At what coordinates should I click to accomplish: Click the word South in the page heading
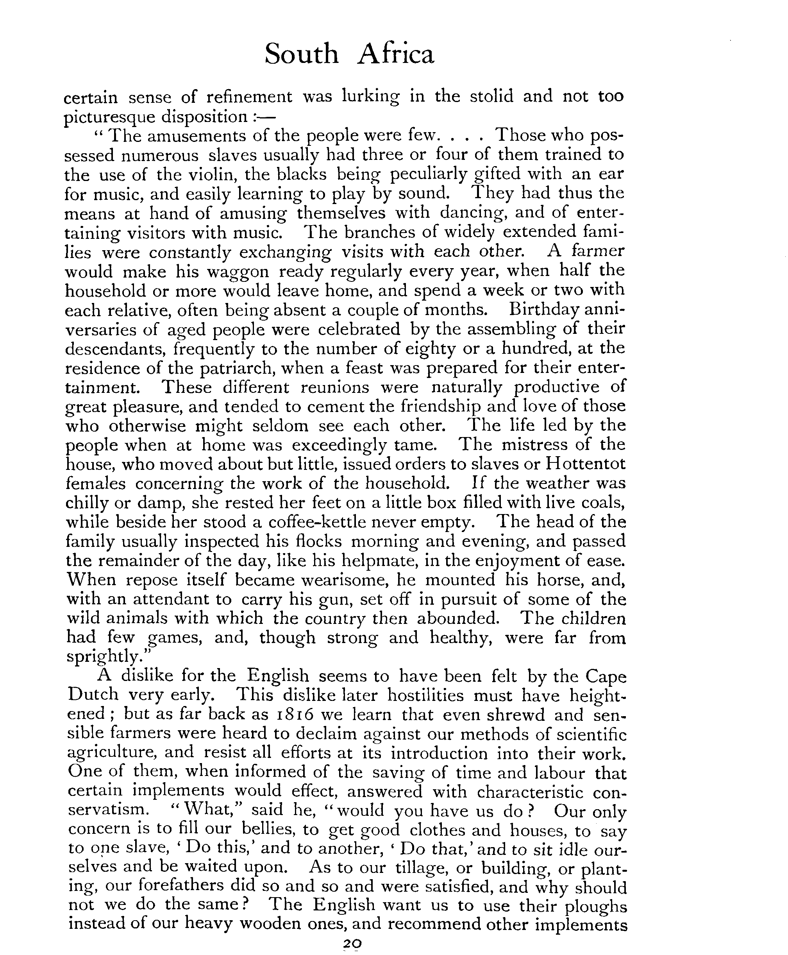pos(301,54)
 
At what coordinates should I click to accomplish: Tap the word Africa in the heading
pos(395,54)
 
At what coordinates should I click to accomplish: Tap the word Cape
pos(605,677)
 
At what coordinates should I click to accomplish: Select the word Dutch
pos(93,695)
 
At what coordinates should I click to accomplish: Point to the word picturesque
pos(109,117)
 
